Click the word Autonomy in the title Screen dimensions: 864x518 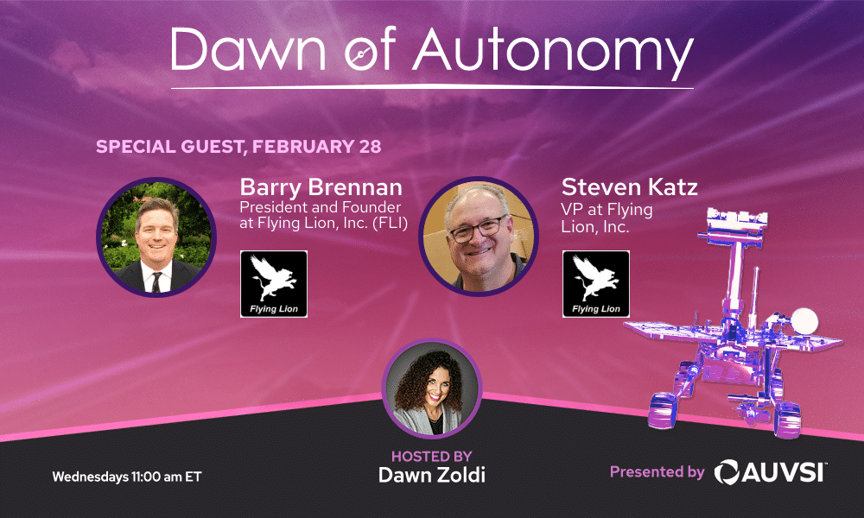[553, 51]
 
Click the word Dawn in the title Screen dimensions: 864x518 [249, 48]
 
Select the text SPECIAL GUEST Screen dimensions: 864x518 [169, 147]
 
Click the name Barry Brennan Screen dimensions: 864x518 [321, 187]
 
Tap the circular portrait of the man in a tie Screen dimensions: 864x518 [156, 237]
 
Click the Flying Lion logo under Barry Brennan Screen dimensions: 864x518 [274, 284]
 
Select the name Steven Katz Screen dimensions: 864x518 [630, 187]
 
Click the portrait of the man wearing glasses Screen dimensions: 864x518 [479, 237]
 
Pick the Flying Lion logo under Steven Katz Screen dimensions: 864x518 [595, 284]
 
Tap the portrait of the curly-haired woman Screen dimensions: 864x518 [432, 388]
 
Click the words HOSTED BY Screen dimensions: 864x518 [431, 457]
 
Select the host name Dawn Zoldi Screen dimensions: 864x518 [431, 475]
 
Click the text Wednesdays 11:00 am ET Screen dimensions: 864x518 [127, 477]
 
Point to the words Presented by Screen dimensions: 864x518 [657, 472]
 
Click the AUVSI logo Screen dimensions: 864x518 [771, 472]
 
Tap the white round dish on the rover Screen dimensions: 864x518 [804, 320]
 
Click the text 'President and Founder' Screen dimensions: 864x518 [321, 207]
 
